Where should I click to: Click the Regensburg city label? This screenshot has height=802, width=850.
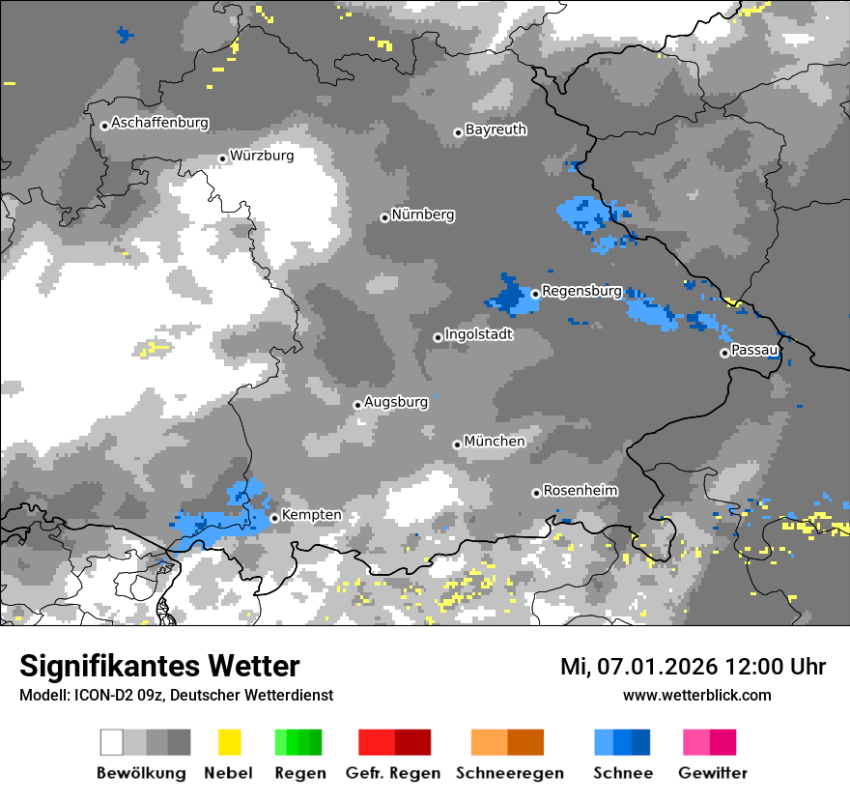tap(581, 291)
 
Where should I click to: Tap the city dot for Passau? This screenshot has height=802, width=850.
tap(724, 353)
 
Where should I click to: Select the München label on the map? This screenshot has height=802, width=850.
tap(495, 442)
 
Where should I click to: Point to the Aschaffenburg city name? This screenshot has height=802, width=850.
tap(159, 123)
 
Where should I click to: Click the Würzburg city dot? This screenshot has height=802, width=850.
tap(222, 158)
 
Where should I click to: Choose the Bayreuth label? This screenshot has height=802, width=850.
tap(496, 129)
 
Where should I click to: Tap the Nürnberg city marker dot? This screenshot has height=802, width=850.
tap(384, 217)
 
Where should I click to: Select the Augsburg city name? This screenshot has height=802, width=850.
tap(396, 402)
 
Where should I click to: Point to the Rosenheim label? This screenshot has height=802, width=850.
tap(581, 491)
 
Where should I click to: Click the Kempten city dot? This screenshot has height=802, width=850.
tap(274, 518)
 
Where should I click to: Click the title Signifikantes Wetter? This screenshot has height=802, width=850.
tap(159, 667)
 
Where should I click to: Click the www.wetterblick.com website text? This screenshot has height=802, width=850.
tap(696, 695)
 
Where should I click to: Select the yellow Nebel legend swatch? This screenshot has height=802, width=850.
tap(229, 742)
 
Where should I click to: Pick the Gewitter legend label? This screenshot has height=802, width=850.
tap(713, 773)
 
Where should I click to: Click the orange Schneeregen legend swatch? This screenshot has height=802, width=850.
tap(488, 742)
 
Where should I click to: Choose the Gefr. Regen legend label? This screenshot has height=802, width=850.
tap(393, 773)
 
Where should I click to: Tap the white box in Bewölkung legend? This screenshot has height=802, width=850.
tap(112, 742)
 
